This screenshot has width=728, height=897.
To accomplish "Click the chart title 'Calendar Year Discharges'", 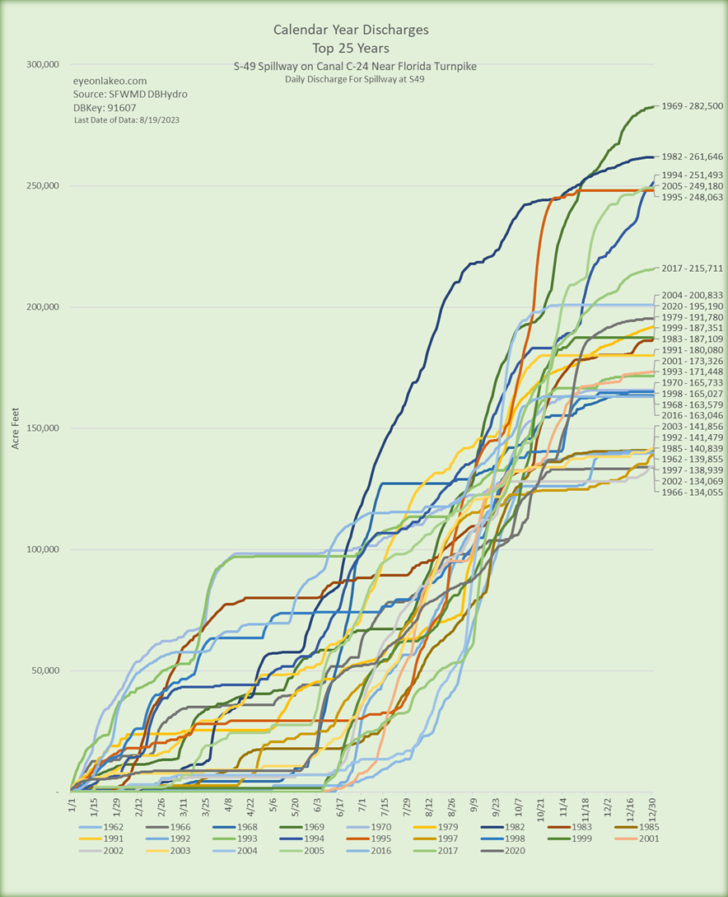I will [x=351, y=30].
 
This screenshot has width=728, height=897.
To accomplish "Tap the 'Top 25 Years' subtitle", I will [x=351, y=48].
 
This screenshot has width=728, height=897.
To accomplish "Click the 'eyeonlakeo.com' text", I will [x=110, y=82].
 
